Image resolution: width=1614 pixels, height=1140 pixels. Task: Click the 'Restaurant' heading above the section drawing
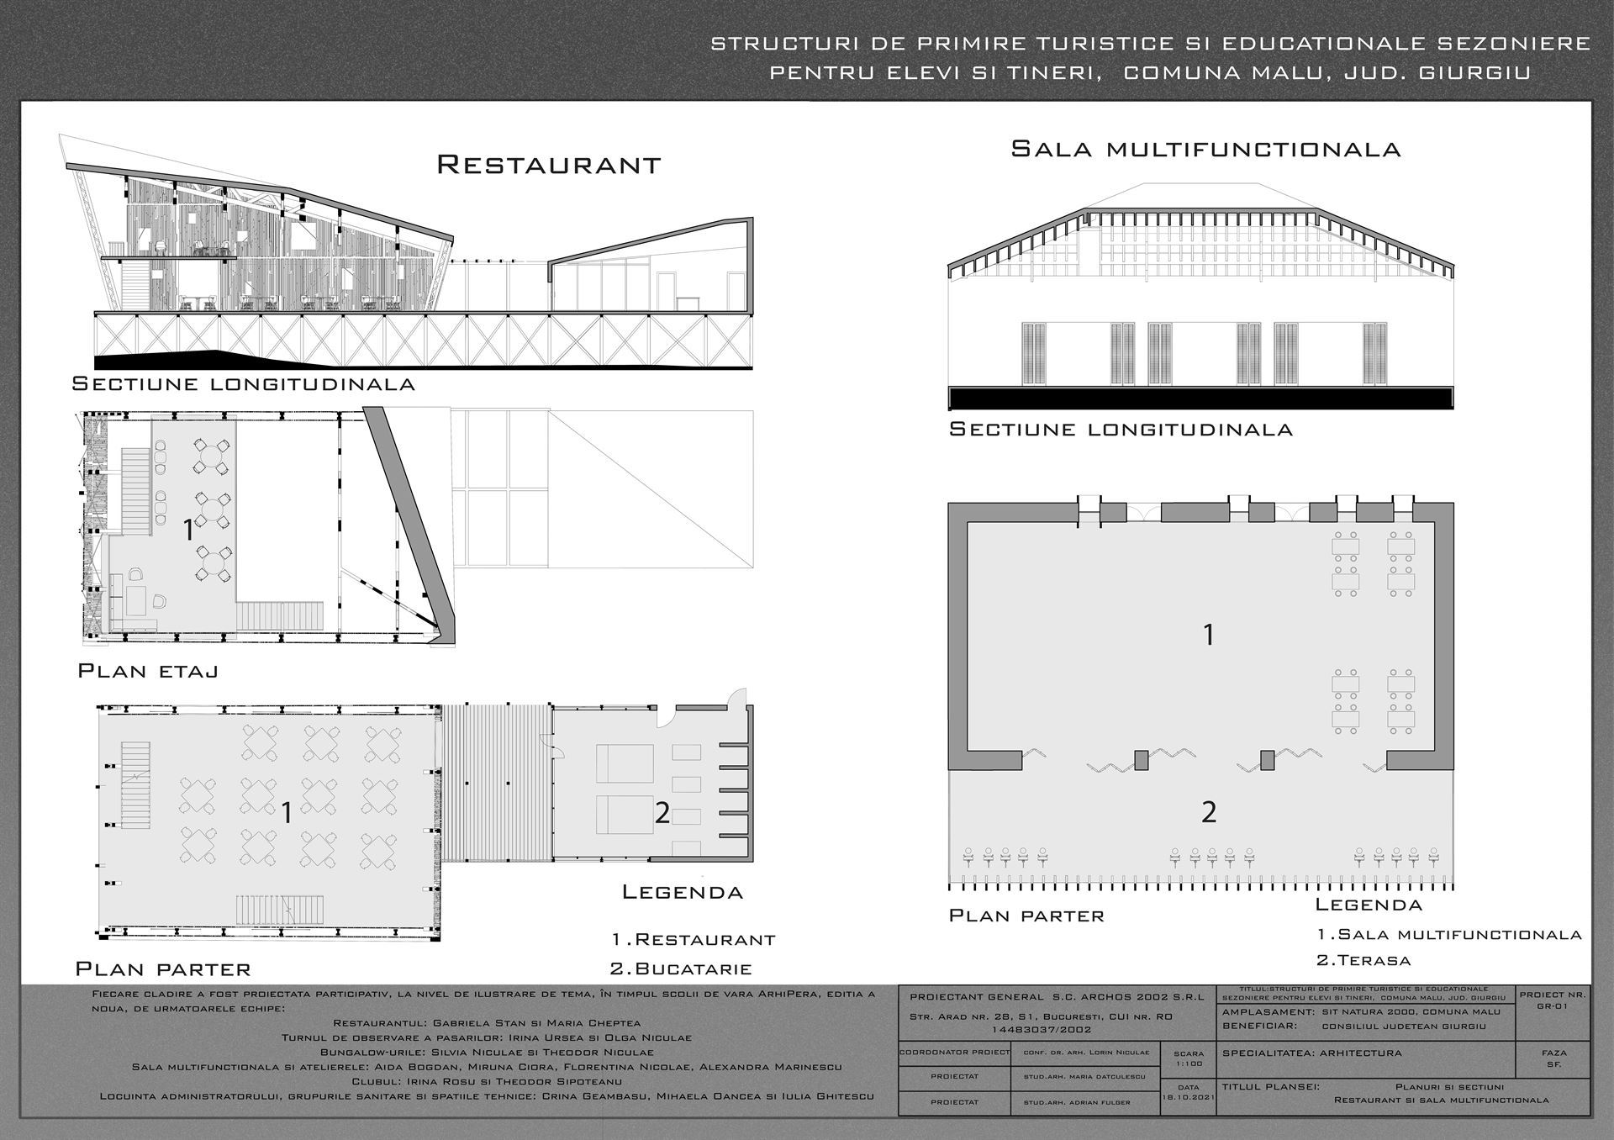pos(548,164)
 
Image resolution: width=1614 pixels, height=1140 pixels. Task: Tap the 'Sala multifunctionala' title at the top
pos(1205,150)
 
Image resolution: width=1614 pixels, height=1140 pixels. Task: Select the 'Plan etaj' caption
pos(148,671)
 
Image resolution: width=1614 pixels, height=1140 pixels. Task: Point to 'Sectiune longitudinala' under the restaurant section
pos(244,384)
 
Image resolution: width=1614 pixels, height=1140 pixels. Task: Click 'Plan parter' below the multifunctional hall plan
pos(1026,916)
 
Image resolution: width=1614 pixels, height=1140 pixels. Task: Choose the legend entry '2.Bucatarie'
pos(681,968)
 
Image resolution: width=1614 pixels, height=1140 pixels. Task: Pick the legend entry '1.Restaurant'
pos(694,939)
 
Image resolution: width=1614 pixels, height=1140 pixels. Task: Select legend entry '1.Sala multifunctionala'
pos(1449,934)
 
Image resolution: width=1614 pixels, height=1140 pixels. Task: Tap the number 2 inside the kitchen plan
pos(662,813)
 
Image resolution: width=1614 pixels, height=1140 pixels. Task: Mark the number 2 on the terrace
pos(1209,812)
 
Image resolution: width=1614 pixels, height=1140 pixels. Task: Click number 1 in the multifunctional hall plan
pos(1209,635)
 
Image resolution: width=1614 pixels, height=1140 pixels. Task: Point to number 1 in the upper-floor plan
pos(189,531)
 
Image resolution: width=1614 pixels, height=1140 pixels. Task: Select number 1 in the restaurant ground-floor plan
pos(287,813)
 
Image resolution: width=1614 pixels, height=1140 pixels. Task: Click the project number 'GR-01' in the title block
pos(1553,1005)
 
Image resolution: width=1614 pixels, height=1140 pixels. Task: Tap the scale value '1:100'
pos(1188,1063)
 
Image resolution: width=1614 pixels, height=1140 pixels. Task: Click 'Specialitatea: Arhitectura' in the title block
pos(1311,1053)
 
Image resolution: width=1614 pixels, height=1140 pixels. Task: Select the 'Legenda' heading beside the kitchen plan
pos(683,893)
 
